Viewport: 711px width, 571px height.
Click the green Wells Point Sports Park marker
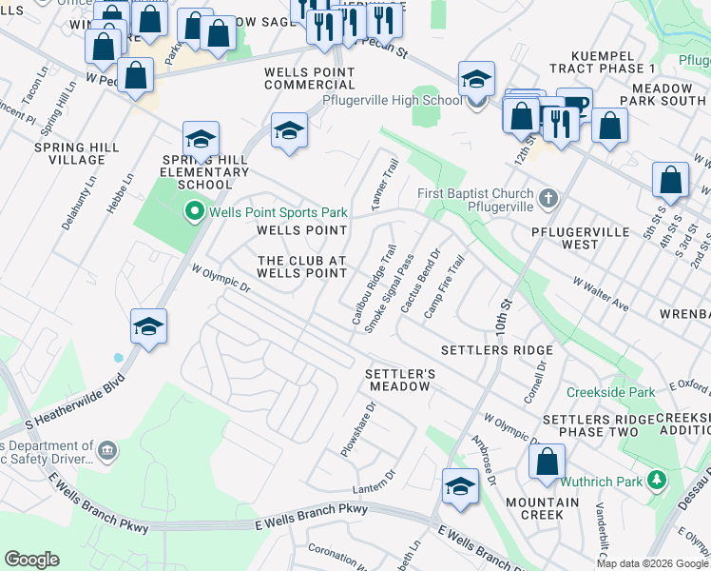pos(195,211)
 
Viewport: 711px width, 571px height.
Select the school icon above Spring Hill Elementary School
pos(201,139)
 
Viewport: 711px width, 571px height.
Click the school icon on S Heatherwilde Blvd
pos(148,326)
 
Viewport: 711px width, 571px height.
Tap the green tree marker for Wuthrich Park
pos(656,482)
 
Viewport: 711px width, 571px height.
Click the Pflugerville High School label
pos(393,100)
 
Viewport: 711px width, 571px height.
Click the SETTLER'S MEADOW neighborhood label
pos(400,380)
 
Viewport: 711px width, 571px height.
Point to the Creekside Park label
pos(610,392)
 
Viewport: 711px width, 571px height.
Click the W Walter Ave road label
pos(601,294)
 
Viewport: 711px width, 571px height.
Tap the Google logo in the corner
pos(31,560)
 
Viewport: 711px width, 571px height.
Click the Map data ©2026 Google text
pos(652,563)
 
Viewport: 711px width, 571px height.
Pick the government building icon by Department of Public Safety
pos(106,448)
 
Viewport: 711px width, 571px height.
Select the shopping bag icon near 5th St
pos(671,179)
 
